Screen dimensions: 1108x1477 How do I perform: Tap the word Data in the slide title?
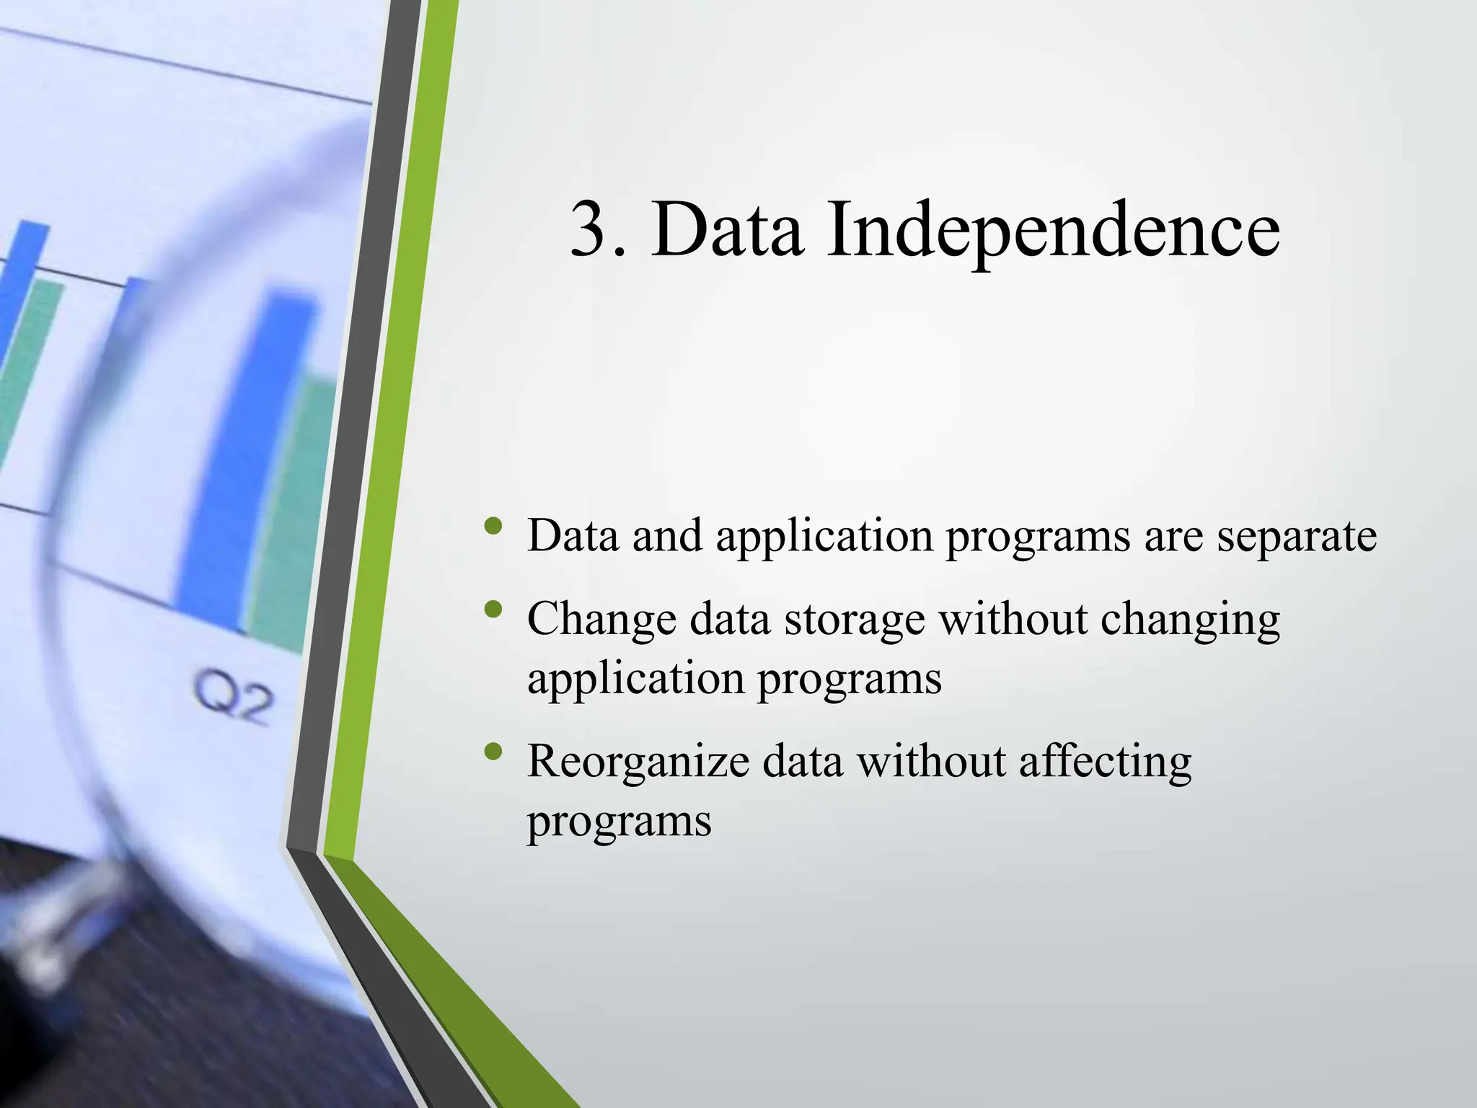pos(727,229)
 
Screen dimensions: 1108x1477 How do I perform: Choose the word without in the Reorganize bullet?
pos(930,762)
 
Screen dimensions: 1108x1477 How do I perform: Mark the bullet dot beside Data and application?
pos(493,526)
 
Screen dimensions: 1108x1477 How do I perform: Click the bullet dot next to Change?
pos(493,610)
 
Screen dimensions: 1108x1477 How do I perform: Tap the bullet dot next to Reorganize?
pos(493,752)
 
